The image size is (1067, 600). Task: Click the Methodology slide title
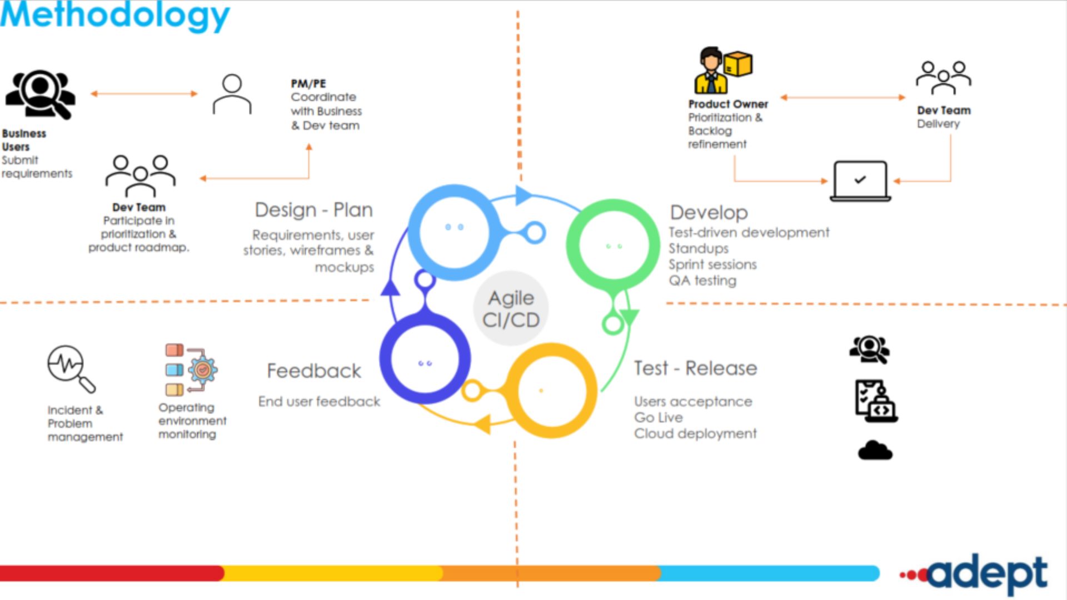[x=114, y=16]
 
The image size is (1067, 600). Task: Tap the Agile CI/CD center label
[x=511, y=309]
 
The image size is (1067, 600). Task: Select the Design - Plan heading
[x=313, y=210]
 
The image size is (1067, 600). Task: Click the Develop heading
[x=709, y=213]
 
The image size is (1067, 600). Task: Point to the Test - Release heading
[x=695, y=368]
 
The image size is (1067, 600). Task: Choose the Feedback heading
[x=314, y=371]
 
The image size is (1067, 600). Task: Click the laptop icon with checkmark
[x=860, y=181]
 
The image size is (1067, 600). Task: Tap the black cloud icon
[x=875, y=450]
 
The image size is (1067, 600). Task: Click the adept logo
[x=974, y=574]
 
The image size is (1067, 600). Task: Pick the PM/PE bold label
[x=308, y=83]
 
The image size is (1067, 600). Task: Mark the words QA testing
[x=702, y=281]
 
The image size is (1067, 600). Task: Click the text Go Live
[x=659, y=417]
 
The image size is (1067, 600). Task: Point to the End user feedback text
[x=319, y=401]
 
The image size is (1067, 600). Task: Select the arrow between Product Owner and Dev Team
[x=842, y=97]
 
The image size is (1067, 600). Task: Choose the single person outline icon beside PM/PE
[x=232, y=94]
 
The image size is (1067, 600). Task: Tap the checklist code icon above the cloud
[x=876, y=401]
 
